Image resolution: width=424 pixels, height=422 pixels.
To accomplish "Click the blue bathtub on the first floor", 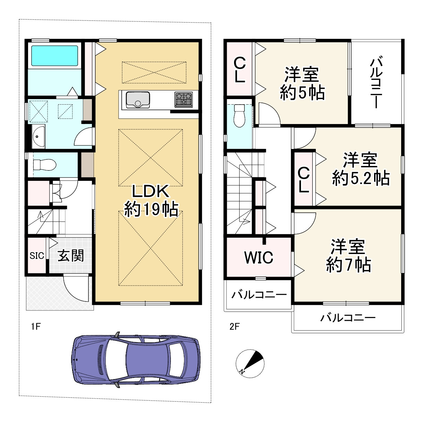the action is pos(54,56).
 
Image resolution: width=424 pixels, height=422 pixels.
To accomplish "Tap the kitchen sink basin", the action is pos(138,100).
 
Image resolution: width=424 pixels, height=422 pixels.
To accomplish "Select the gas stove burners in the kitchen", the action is pos(183,99).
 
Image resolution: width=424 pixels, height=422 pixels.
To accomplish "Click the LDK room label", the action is pos(150,191).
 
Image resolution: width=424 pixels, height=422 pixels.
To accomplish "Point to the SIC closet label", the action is pos(37,256).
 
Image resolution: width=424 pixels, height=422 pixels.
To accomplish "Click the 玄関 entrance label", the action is pos(71,255).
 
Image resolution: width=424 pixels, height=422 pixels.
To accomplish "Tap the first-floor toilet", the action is pos(45,165).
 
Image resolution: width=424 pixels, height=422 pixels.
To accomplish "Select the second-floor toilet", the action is pos(240,116).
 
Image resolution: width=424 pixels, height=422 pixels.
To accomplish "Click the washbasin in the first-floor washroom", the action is pos(38,137).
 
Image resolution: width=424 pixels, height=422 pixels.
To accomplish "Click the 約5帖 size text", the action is pos(302,93).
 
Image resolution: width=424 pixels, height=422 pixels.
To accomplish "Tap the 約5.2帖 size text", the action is pos(361,178).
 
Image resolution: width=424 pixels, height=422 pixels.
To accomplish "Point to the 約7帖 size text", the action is pos(348,265).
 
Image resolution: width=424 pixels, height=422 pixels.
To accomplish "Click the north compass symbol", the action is pos(250,363).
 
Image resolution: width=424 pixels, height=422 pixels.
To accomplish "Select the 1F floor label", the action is pos(36,327).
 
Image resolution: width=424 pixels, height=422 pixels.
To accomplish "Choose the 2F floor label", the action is pos(234,327).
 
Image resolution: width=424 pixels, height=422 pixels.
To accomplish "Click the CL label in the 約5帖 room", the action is pos(240,70).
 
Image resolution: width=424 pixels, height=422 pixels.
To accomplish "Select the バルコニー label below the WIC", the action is pos(259,294).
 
